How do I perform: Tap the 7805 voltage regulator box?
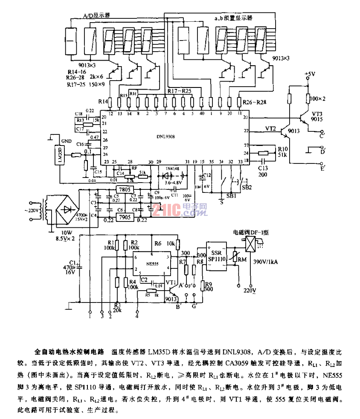[x=125, y=189]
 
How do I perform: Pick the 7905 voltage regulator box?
[x=125, y=217]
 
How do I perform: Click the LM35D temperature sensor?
[x=61, y=156]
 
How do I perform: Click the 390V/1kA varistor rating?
[x=266, y=262]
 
